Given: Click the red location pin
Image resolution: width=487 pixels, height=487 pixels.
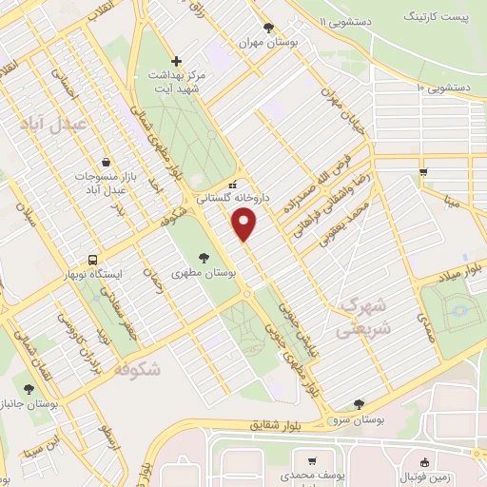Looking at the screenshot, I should (x=244, y=224).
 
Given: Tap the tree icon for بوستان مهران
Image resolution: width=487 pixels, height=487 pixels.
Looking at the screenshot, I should (x=269, y=28).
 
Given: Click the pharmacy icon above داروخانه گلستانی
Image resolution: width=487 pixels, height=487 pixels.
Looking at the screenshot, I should (x=232, y=185).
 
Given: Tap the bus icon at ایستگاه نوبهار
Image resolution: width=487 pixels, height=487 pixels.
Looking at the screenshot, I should (x=93, y=259).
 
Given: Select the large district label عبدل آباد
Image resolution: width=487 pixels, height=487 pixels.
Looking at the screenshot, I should (x=52, y=124).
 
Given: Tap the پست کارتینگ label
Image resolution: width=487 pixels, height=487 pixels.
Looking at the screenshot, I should (x=436, y=17).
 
